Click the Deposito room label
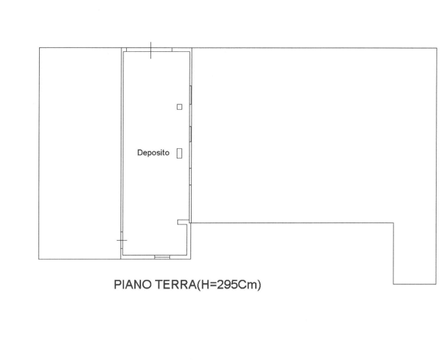click(x=153, y=153)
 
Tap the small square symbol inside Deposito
click(x=179, y=107)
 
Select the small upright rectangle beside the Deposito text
click(x=179, y=153)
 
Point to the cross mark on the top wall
click(x=150, y=50)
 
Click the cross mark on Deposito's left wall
click(x=121, y=241)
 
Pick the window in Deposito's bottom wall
click(x=162, y=257)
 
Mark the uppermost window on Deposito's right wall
click(x=190, y=95)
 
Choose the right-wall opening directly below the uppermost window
click(x=190, y=134)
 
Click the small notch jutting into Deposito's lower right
click(x=183, y=222)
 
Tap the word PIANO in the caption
click(x=133, y=284)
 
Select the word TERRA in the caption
click(x=175, y=284)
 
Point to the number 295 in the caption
click(x=227, y=284)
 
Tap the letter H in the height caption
click(x=204, y=284)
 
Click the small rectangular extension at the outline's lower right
click(x=415, y=253)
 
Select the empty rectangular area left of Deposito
click(x=80, y=154)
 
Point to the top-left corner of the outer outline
click(x=39, y=48)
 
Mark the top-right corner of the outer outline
click(x=437, y=48)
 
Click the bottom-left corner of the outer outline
click(x=39, y=259)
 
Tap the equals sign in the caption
click(x=213, y=284)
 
